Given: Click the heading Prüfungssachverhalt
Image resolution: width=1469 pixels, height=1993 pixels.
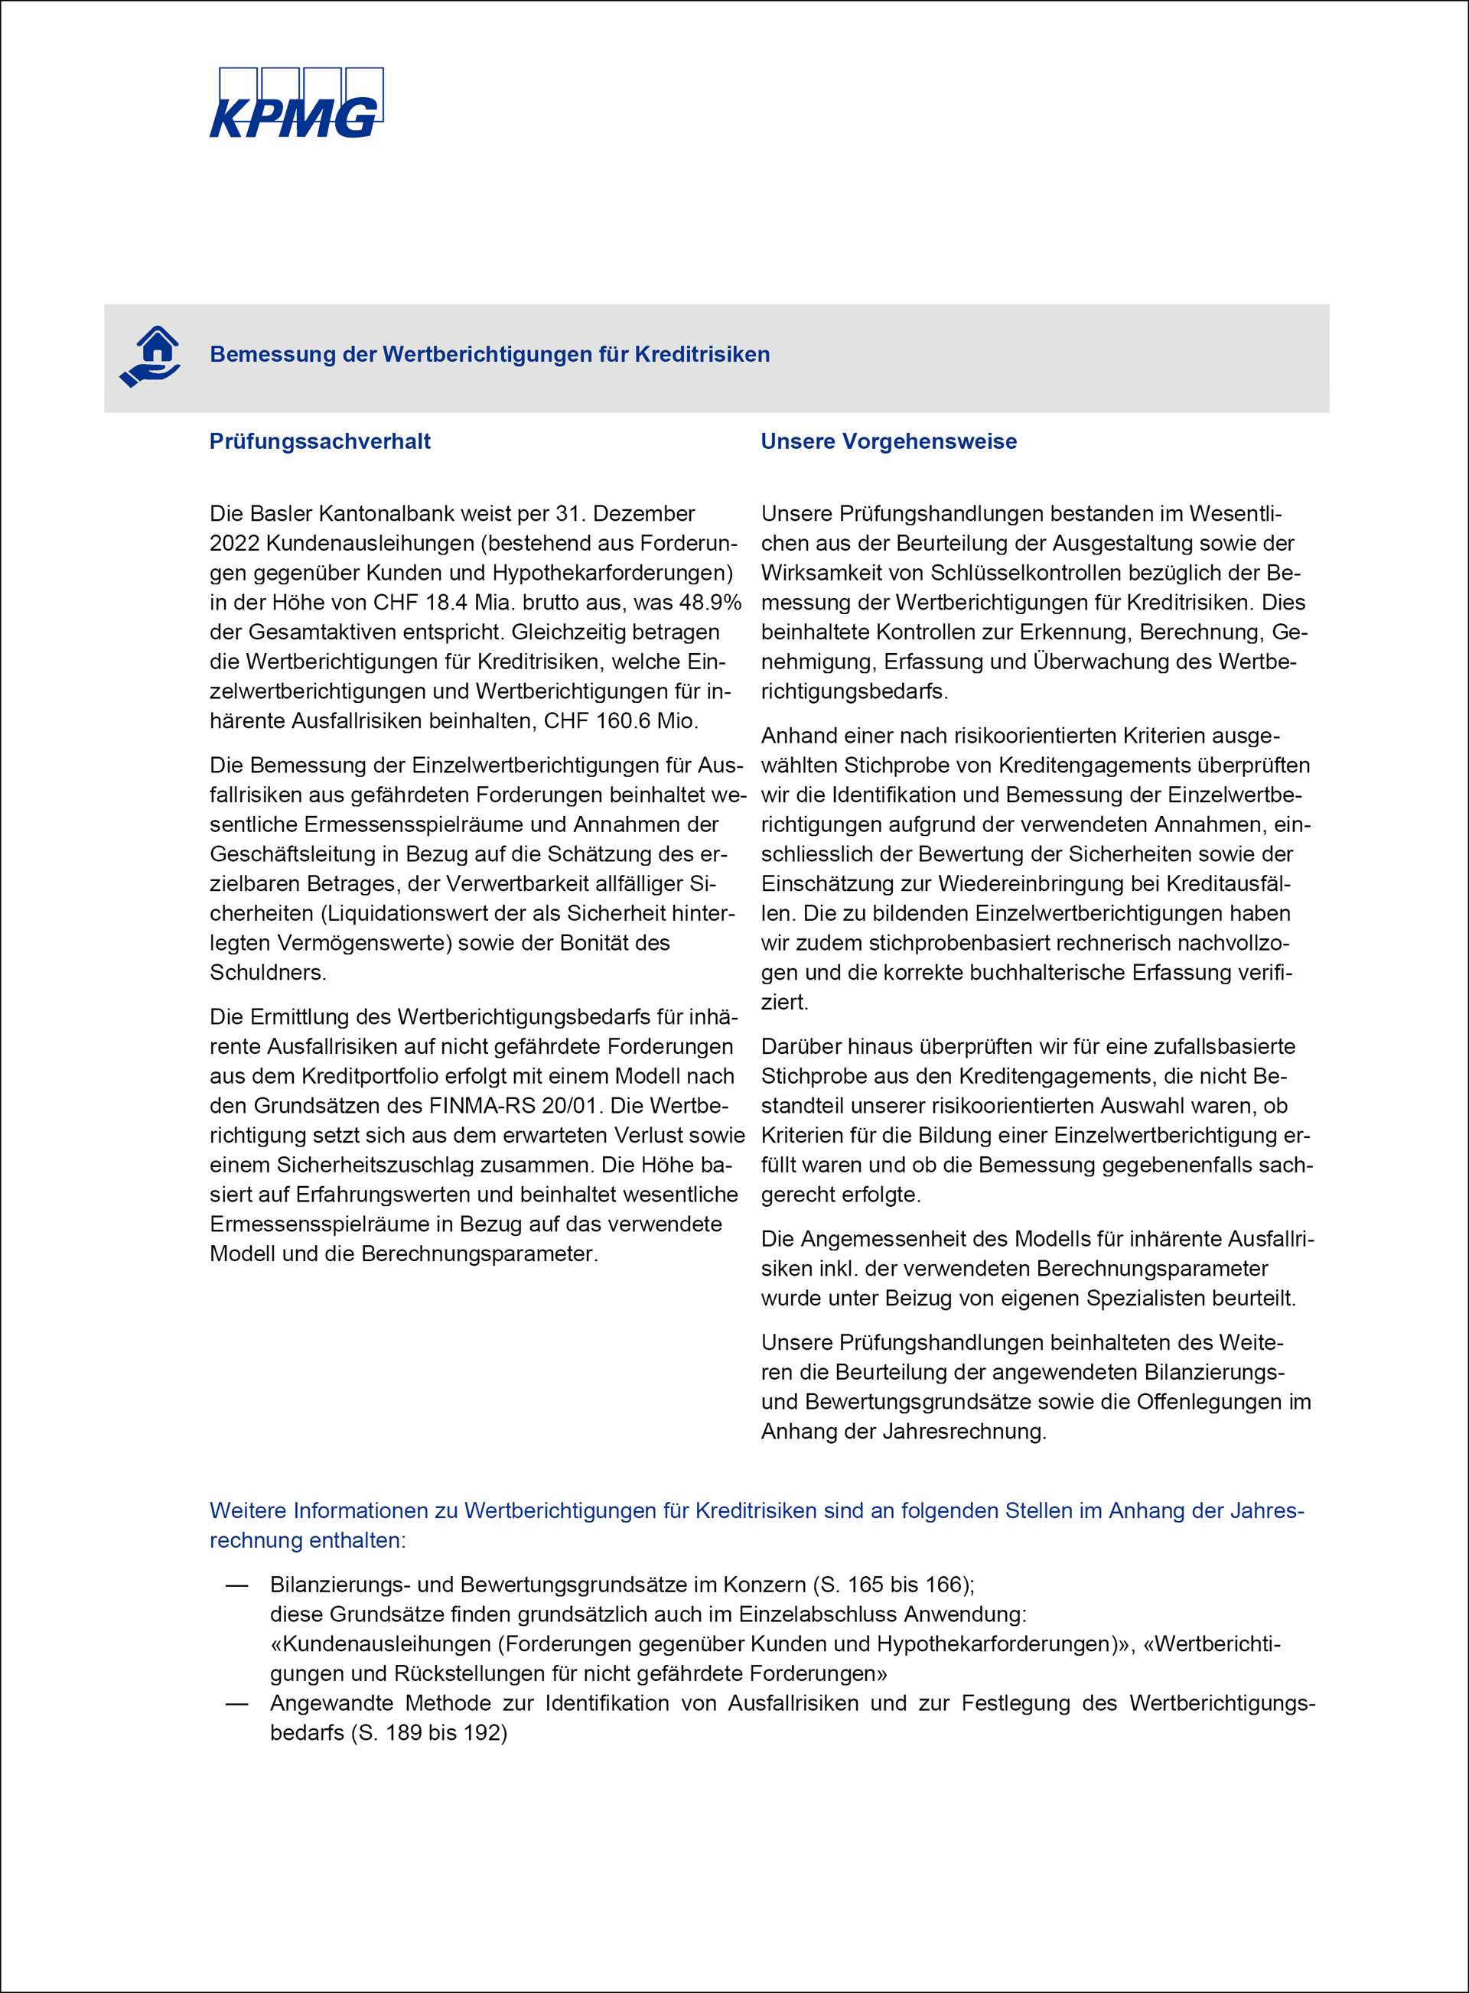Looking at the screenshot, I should coord(320,442).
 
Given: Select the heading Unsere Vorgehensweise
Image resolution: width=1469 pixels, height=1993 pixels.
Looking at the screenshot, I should coord(888,442).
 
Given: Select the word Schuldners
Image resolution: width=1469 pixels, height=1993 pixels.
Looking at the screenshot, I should coord(268,973).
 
